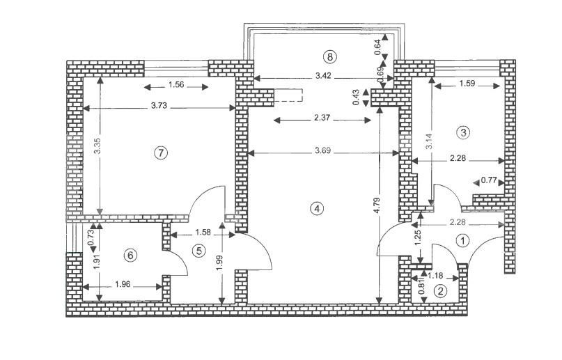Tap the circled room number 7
(161, 153)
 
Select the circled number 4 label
(318, 208)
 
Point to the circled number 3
(463, 131)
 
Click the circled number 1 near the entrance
(463, 240)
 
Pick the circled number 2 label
(439, 292)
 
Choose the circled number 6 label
(130, 255)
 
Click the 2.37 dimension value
(322, 119)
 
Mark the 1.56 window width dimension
(177, 86)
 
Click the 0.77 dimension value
(490, 181)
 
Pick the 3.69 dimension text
(322, 150)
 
